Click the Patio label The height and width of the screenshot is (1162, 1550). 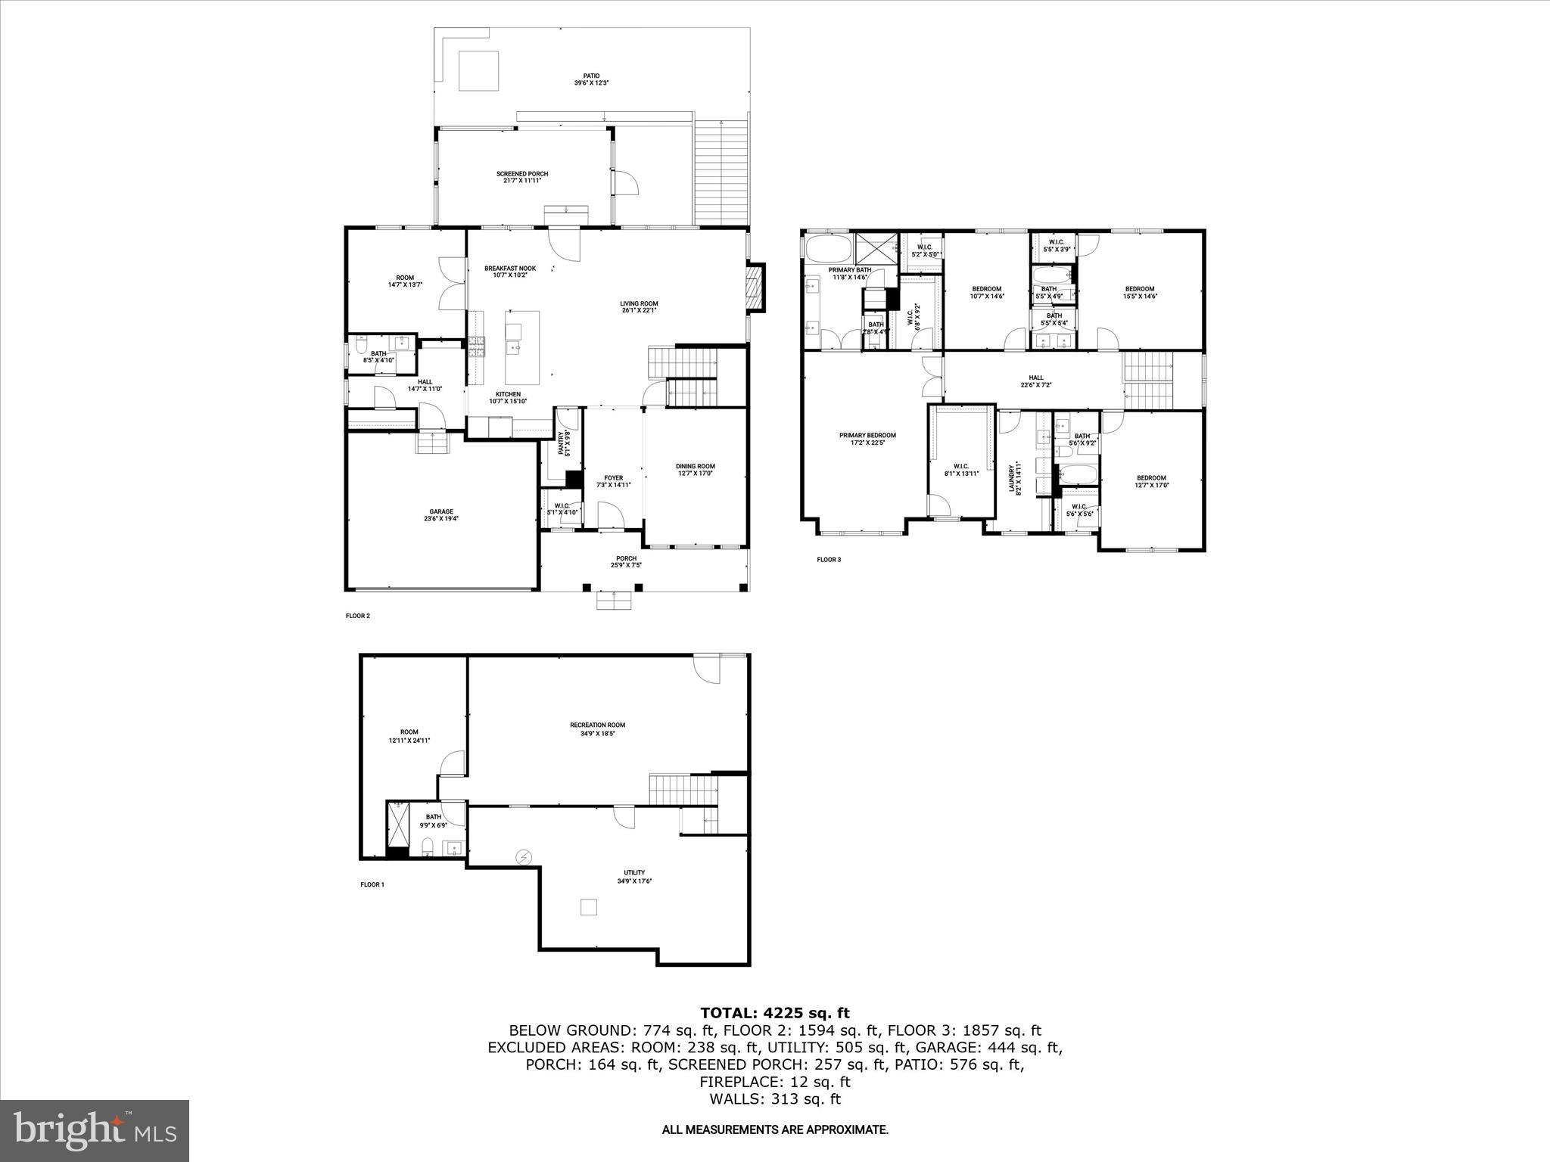point(591,79)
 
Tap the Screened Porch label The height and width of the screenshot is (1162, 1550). point(522,177)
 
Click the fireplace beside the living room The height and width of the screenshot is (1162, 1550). point(755,287)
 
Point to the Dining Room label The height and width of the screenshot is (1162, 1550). point(695,470)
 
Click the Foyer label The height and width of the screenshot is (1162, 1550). point(613,481)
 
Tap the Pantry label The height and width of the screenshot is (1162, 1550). point(563,443)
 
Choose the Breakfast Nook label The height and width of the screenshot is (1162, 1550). point(510,272)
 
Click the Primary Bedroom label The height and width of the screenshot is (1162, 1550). point(867,439)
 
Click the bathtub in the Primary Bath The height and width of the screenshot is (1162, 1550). point(828,249)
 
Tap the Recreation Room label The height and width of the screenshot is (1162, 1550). point(597,729)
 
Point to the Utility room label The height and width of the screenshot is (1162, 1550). point(634,876)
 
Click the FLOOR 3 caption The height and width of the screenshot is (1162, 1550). point(829,560)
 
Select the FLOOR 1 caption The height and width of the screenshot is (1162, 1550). point(372,884)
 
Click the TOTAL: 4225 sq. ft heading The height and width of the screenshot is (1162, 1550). point(774,1013)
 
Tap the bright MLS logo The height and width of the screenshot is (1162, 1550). point(95,1130)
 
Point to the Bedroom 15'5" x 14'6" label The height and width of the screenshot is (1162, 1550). point(1139,292)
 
